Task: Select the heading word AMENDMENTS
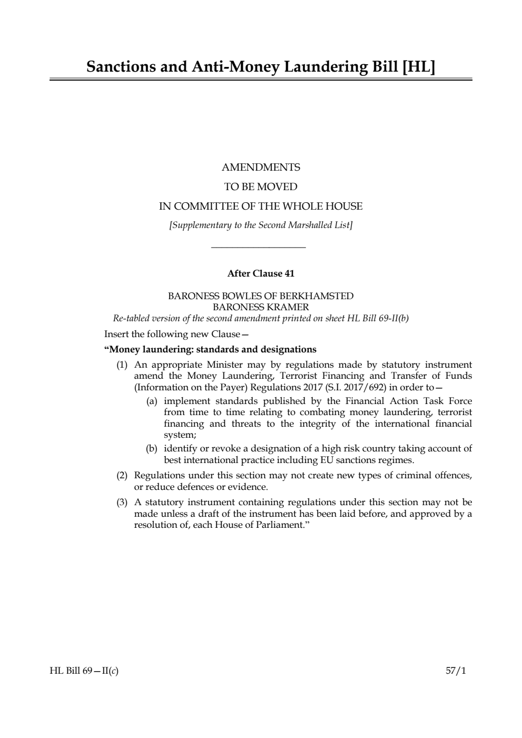261,168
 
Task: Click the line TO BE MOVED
261,187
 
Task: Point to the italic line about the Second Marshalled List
261,225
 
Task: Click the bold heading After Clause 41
261,273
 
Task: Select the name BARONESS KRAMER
261,307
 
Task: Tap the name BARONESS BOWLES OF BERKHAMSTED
261,296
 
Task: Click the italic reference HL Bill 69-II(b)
378,318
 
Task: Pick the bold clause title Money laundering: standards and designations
211,349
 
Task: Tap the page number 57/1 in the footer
456,671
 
